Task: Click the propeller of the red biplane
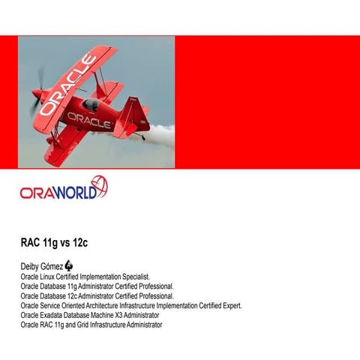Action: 35,93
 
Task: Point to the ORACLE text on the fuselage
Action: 89,119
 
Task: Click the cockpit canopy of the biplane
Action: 91,103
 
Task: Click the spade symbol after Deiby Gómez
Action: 69,265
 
